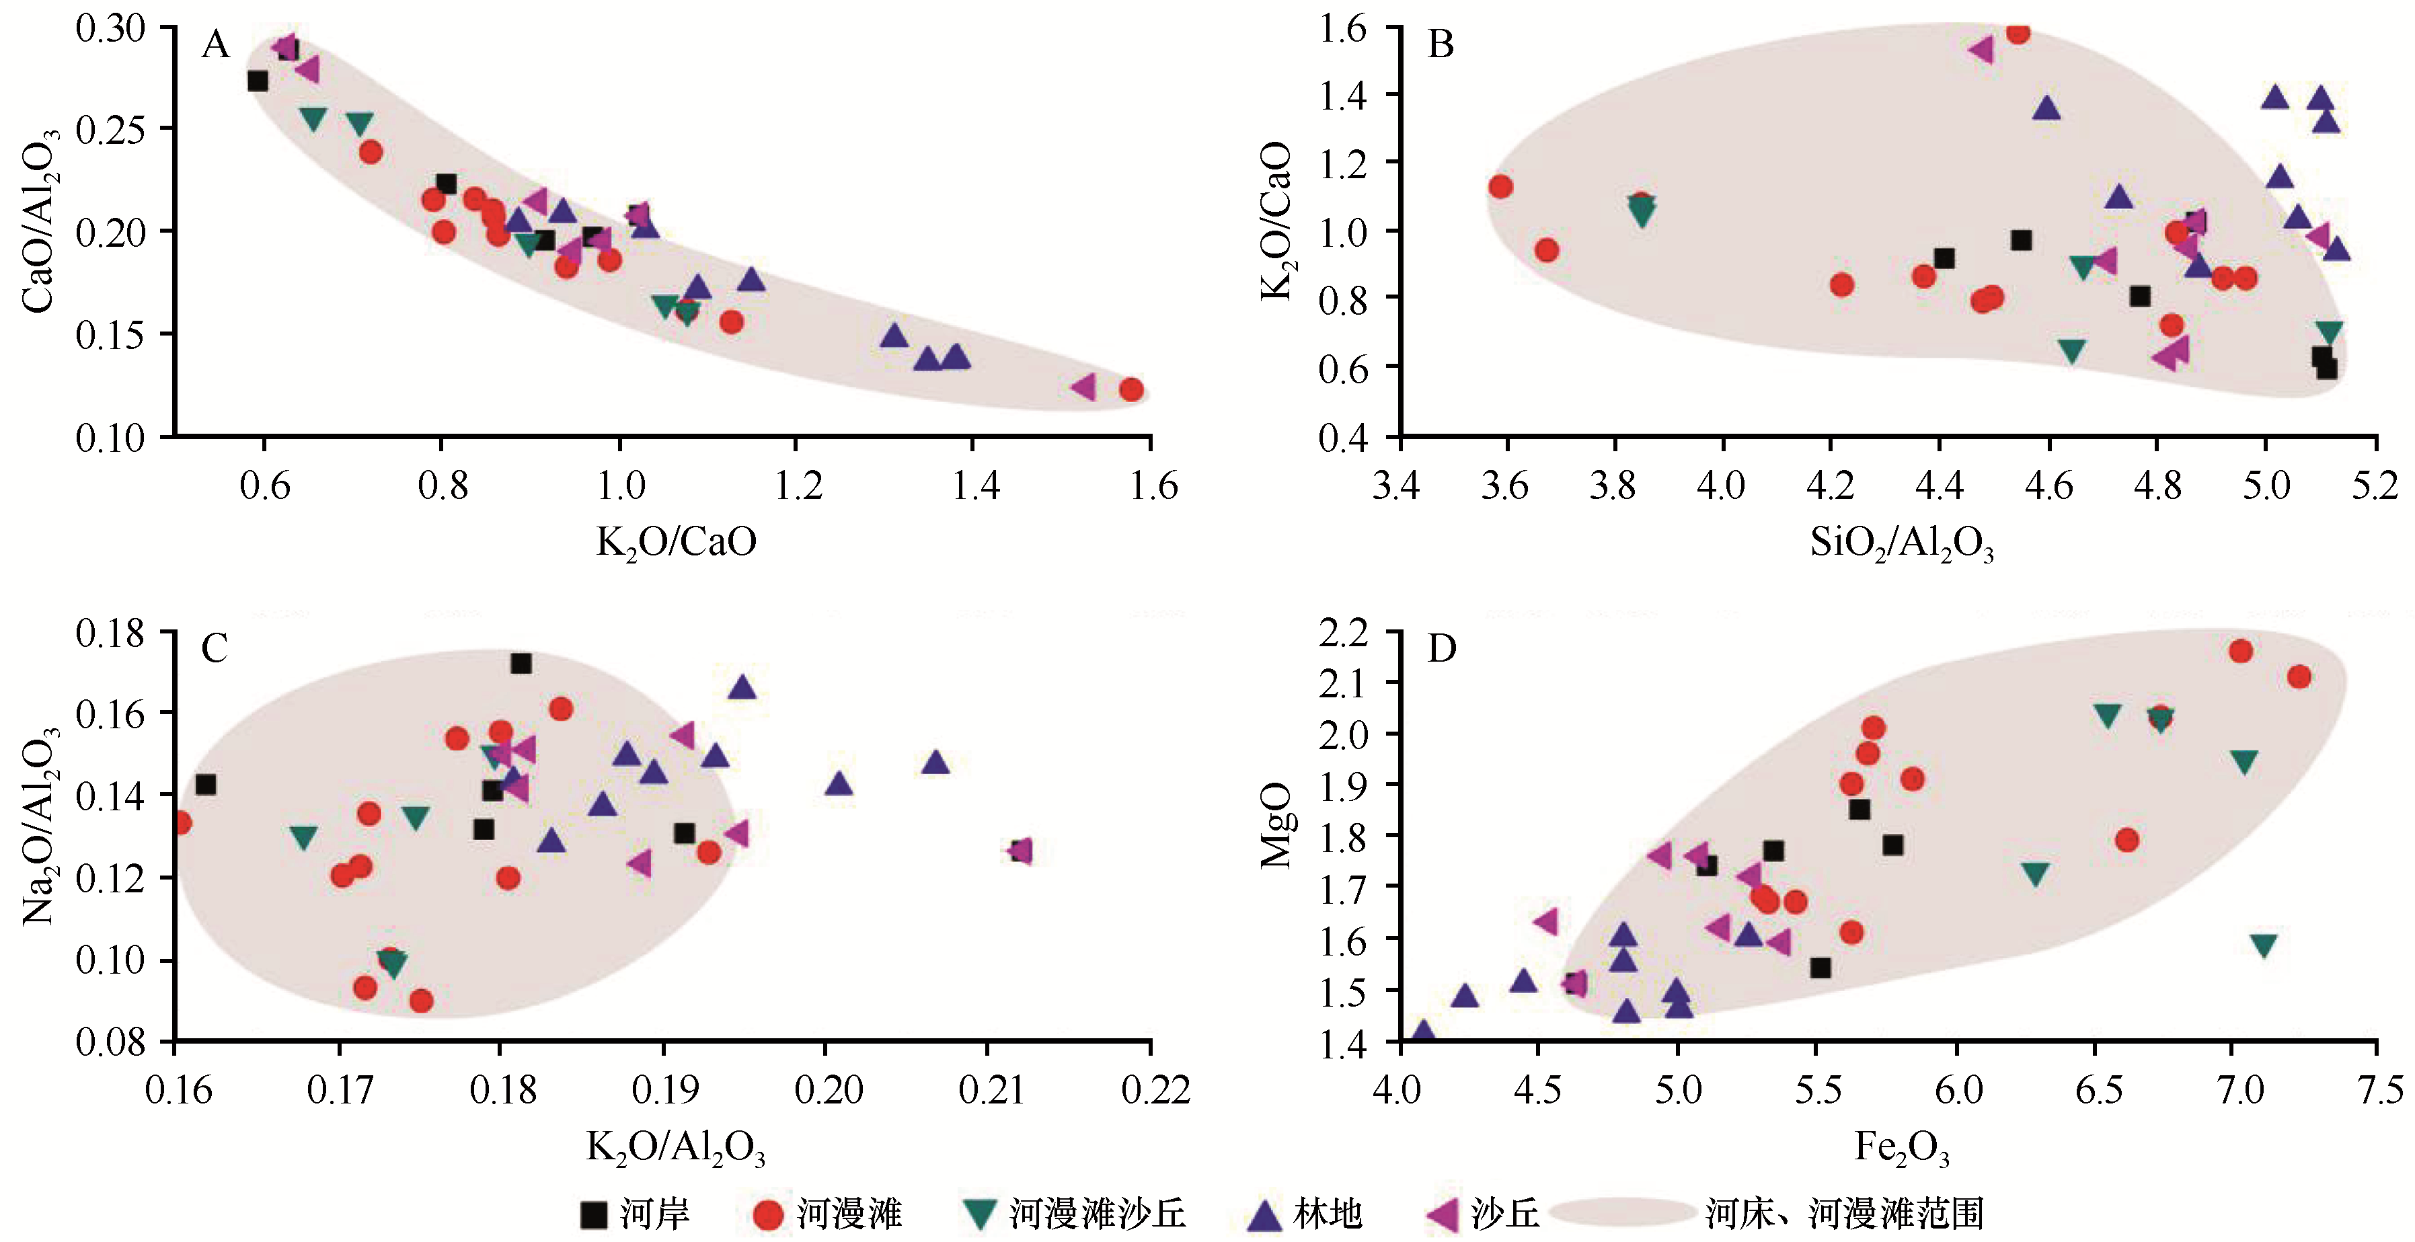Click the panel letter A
click(x=216, y=44)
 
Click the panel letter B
click(x=1440, y=44)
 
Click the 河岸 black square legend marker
click(x=593, y=1215)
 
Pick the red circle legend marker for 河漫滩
click(x=768, y=1215)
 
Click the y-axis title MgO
click(x=1275, y=826)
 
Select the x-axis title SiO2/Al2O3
click(x=1901, y=543)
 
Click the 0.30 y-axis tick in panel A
click(x=110, y=28)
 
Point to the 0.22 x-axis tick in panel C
click(x=1151, y=1089)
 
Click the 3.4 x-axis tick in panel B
click(x=1397, y=486)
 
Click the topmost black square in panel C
click(x=521, y=664)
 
